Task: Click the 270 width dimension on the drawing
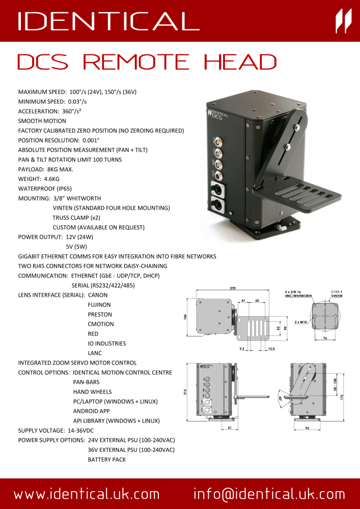point(233,289)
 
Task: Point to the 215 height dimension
point(187,391)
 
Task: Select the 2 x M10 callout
point(302,322)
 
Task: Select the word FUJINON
point(99,305)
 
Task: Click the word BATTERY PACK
point(107,460)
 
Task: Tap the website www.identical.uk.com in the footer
point(87,494)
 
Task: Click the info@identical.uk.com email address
point(269,494)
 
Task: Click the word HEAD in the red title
point(240,62)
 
